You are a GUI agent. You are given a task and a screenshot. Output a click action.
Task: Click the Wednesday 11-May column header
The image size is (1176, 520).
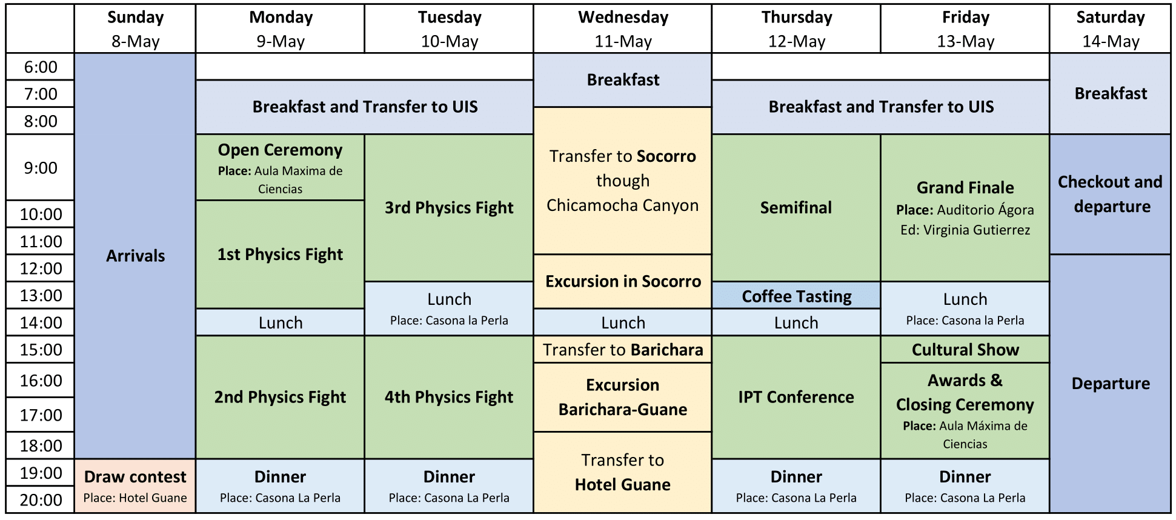[623, 28]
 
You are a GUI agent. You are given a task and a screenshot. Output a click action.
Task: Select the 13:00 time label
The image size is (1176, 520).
[41, 295]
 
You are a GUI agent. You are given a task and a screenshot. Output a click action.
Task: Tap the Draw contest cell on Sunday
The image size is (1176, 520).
[135, 486]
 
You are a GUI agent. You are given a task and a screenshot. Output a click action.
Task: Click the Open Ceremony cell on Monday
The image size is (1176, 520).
[280, 167]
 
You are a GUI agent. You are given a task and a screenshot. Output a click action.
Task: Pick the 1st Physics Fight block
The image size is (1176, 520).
[280, 255]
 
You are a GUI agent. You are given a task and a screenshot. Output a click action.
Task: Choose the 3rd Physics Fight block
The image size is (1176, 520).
[449, 208]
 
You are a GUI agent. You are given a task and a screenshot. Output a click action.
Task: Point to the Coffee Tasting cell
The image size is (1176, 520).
[796, 296]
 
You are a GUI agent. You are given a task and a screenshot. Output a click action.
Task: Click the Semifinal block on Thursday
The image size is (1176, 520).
[796, 208]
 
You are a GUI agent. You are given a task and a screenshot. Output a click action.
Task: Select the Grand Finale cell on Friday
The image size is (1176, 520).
[965, 208]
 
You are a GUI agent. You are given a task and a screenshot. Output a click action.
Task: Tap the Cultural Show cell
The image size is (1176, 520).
[965, 350]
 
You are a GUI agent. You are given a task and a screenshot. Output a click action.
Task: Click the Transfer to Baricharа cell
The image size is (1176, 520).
[623, 350]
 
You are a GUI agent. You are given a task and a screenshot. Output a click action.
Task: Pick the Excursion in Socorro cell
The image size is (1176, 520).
[623, 282]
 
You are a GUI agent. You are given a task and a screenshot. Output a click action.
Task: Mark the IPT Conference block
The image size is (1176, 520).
[796, 398]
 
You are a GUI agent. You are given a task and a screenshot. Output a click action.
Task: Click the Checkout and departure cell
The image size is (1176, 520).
[1110, 195]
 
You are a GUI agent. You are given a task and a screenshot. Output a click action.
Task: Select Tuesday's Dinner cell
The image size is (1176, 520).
[449, 486]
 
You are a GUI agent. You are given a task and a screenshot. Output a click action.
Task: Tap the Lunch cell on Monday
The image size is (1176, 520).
[280, 322]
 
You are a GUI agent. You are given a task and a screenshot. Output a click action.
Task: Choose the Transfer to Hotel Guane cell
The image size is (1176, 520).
[623, 473]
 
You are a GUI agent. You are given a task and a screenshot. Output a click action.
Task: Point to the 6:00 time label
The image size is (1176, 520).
[41, 67]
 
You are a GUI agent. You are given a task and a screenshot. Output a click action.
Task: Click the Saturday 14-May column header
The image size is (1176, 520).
[1111, 28]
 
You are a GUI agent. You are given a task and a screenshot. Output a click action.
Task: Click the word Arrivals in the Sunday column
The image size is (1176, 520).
[135, 256]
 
